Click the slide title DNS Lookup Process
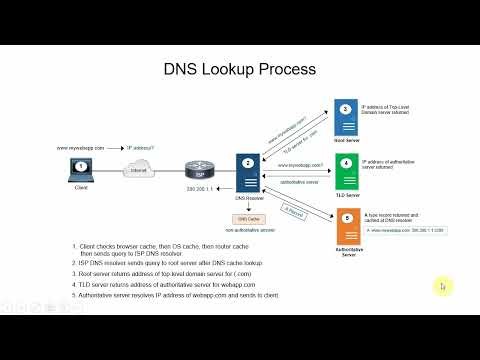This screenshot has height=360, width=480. click(239, 70)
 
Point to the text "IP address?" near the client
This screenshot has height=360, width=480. click(142, 148)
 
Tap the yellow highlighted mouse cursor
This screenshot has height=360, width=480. click(442, 287)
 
